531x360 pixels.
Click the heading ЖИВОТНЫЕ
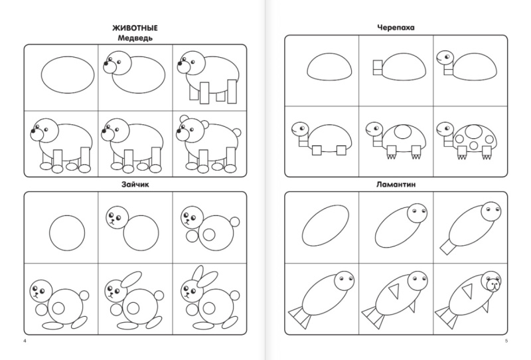(135, 28)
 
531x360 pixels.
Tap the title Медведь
(135, 38)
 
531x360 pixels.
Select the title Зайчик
(135, 185)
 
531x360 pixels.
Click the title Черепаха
(396, 27)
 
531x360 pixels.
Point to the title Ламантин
(396, 185)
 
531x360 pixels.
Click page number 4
(25, 341)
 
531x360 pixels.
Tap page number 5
(506, 341)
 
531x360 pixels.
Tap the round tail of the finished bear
(238, 133)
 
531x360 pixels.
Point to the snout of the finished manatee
(494, 286)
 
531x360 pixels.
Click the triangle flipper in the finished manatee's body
(468, 291)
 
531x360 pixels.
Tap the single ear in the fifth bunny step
(131, 279)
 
